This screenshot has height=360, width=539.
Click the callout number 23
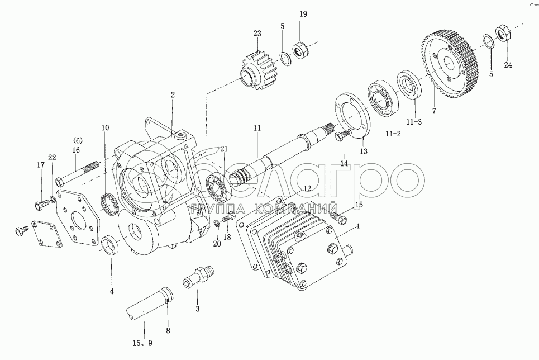256,34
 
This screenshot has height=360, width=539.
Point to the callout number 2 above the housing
173,96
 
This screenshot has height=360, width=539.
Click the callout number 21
224,149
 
